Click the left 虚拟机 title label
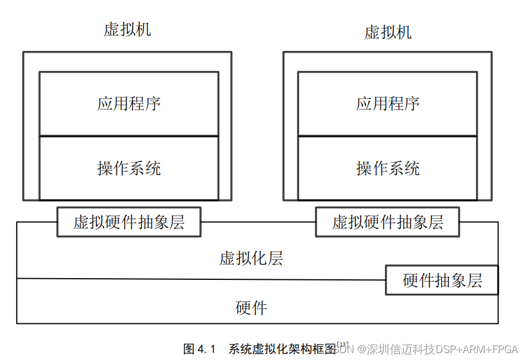(x=127, y=29)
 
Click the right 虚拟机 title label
(x=388, y=31)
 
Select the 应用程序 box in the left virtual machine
(x=129, y=104)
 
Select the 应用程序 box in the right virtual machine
(x=388, y=104)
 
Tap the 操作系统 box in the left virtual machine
(x=129, y=168)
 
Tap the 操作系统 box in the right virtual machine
(x=388, y=168)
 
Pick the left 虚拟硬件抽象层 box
(x=129, y=222)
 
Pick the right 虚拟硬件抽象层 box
(x=388, y=222)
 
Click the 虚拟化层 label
(x=251, y=258)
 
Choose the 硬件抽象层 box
(x=442, y=280)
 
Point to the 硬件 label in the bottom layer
(x=251, y=308)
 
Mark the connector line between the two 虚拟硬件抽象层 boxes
(x=258, y=222)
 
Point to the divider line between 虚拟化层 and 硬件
(x=200, y=279)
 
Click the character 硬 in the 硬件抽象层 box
(x=411, y=280)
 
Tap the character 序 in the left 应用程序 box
(x=153, y=104)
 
